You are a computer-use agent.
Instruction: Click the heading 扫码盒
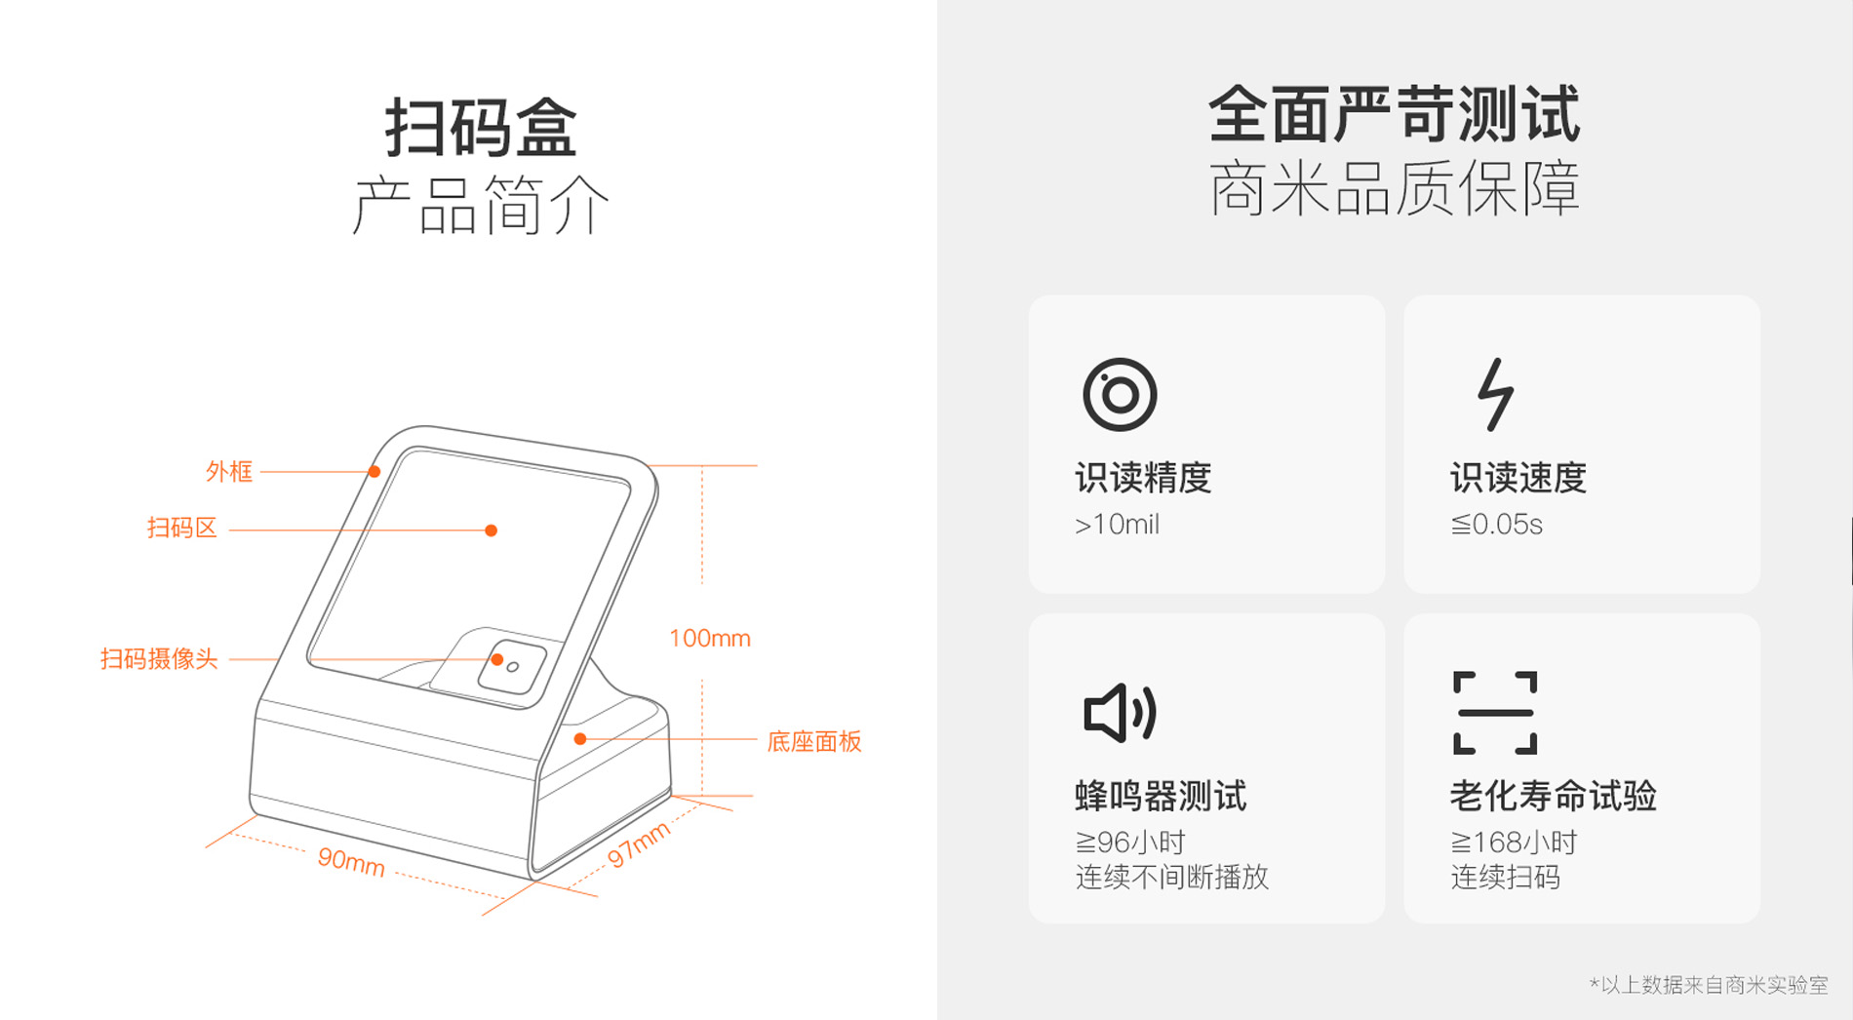pyautogui.click(x=482, y=127)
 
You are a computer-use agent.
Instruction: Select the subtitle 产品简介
pyautogui.click(x=481, y=205)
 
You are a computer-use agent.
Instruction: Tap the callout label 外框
pyautogui.click(x=229, y=472)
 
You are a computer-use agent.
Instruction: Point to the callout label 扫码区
pyautogui.click(x=181, y=529)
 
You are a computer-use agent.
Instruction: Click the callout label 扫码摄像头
pyautogui.click(x=159, y=659)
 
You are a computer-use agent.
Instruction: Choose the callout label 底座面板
pyautogui.click(x=814, y=741)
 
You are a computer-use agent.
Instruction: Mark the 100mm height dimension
pyautogui.click(x=710, y=639)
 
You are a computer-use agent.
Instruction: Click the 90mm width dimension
pyautogui.click(x=351, y=861)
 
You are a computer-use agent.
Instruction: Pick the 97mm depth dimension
pyautogui.click(x=639, y=844)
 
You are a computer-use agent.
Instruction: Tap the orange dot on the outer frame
pyautogui.click(x=375, y=472)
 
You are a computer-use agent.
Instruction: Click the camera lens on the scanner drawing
pyautogui.click(x=513, y=667)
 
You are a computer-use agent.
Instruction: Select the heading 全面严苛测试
pyautogui.click(x=1395, y=114)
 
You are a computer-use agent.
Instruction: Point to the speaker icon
pyautogui.click(x=1120, y=713)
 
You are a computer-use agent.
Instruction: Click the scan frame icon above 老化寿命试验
pyautogui.click(x=1495, y=713)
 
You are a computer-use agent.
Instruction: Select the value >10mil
pyautogui.click(x=1117, y=525)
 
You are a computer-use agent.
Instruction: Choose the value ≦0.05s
pyautogui.click(x=1496, y=525)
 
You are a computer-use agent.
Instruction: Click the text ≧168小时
pyautogui.click(x=1514, y=842)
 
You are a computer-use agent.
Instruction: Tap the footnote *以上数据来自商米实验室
pyautogui.click(x=1709, y=985)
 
